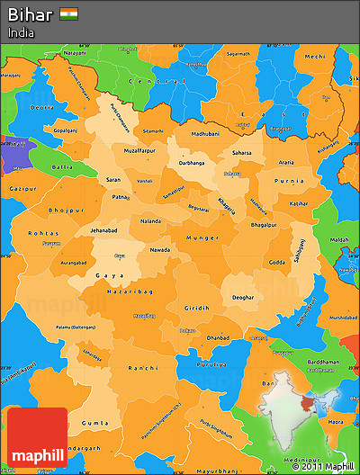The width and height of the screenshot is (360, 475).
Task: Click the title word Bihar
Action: tap(30, 14)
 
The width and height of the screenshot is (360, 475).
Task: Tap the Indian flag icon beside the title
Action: tap(68, 13)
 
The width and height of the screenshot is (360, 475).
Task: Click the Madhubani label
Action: tap(192, 132)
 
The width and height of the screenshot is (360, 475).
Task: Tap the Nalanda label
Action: tap(151, 220)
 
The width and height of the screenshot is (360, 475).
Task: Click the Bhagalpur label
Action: tap(261, 223)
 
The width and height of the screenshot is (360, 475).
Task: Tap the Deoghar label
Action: tap(242, 297)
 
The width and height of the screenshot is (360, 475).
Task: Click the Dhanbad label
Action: tap(217, 337)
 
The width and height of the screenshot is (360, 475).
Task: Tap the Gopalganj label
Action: tap(67, 130)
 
